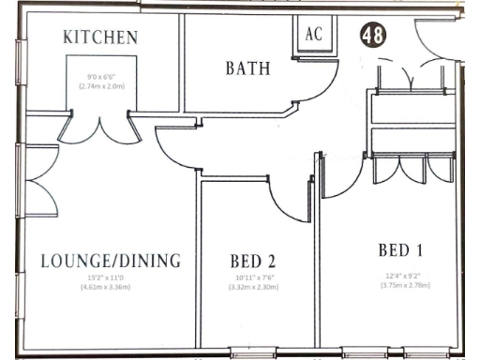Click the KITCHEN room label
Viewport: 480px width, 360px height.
100,37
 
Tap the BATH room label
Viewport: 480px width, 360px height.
247,68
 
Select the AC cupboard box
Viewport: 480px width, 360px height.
314,32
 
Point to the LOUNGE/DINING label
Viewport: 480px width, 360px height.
111,260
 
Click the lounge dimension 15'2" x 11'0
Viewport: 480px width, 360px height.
110,277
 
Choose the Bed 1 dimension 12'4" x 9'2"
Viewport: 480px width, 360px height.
405,275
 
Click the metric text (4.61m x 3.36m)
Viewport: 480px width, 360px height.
110,287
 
